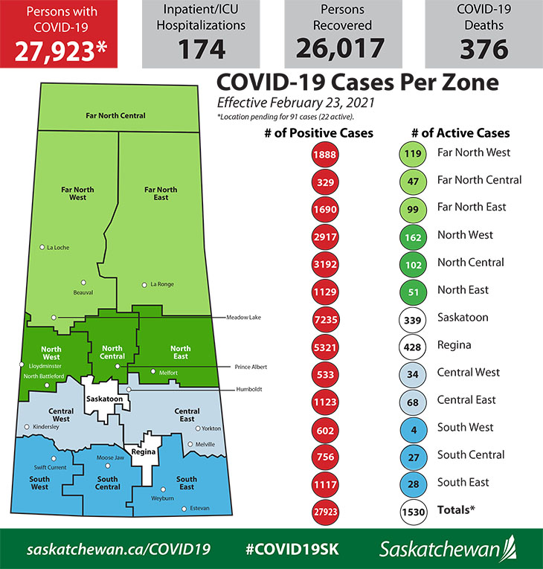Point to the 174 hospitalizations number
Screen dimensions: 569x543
coord(202,49)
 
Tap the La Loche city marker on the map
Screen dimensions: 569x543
coord(42,247)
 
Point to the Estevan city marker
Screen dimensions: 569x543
coord(184,509)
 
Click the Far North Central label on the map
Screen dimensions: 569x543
coord(114,116)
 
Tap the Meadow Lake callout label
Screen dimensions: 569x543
coord(245,318)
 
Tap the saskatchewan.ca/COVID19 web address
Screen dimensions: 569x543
coord(119,549)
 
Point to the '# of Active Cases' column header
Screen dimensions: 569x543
coord(460,133)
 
